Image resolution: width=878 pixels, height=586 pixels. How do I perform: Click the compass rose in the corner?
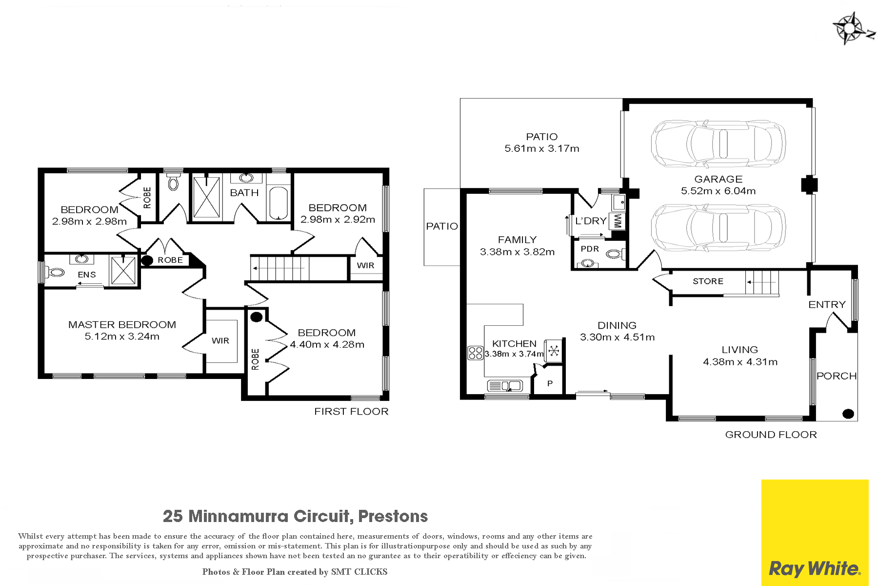pos(852,28)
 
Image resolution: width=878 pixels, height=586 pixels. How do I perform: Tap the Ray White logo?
pos(815,533)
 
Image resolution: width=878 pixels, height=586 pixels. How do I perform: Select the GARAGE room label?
pos(718,179)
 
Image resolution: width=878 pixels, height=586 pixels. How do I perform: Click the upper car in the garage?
pos(718,144)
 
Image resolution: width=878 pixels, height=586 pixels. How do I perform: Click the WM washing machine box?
pos(617,221)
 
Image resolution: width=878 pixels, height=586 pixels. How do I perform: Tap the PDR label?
pos(590,249)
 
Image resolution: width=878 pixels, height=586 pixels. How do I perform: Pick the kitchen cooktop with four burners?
pos(475,353)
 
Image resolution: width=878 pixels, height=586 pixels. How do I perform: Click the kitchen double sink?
pos(505,386)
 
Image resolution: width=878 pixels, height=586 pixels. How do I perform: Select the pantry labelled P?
pos(549,383)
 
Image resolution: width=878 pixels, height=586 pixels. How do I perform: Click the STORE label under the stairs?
pos(708,281)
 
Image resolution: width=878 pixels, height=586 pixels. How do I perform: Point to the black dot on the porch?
pos(848,414)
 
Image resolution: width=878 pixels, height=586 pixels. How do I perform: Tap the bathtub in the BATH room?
pos(279,203)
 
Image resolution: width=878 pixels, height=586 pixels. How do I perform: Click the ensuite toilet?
pos(56,272)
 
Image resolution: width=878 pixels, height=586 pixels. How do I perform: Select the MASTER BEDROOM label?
pos(122,325)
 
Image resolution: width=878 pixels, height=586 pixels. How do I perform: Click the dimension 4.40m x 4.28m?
pos(327,344)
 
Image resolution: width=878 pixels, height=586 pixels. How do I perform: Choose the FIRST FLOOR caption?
pos(351,412)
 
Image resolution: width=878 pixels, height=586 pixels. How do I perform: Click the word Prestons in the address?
pos(393,516)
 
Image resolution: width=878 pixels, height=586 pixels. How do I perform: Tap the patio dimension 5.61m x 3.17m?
pos(542,148)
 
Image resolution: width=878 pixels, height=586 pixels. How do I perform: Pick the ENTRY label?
pos(827,305)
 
